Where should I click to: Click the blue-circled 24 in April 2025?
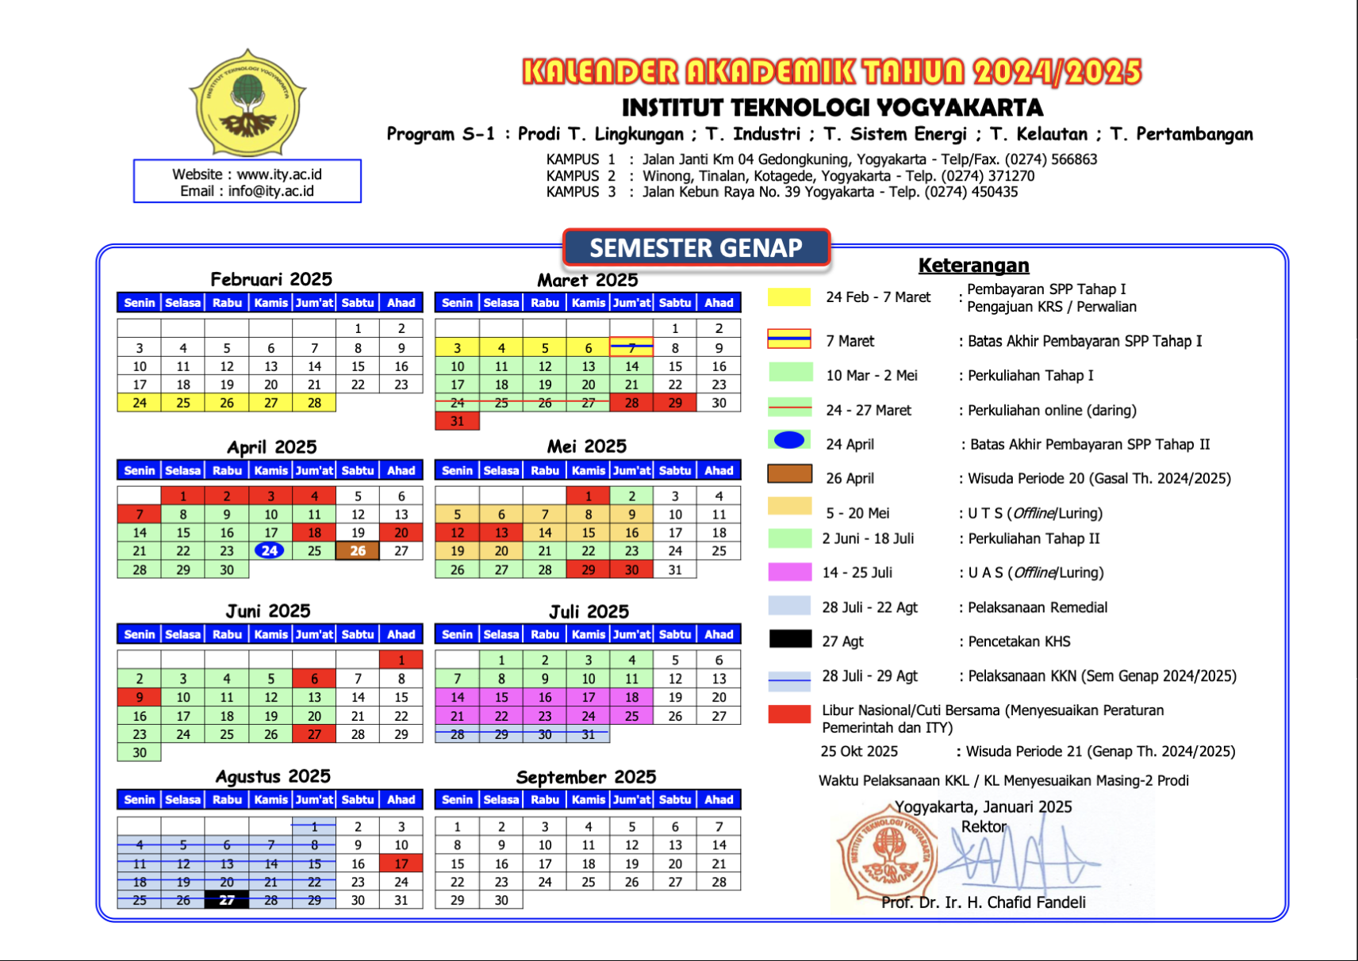point(270,550)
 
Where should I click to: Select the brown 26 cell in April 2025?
point(358,550)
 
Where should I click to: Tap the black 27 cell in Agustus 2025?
point(227,900)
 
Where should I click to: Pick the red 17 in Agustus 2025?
point(401,863)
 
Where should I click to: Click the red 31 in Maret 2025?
point(457,421)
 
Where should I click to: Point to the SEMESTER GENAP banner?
point(696,247)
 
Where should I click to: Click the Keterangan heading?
point(973,266)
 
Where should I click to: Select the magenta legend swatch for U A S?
point(789,572)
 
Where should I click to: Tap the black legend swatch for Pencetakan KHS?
point(789,640)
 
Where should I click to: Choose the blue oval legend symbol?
point(789,440)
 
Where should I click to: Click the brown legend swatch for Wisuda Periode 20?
point(789,474)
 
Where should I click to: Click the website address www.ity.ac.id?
point(279,174)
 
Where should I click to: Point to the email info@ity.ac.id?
point(270,191)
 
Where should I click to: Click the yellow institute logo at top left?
point(247,103)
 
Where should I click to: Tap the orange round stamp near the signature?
point(887,853)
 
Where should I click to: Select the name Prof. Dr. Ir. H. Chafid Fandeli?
point(984,902)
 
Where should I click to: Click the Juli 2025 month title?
point(589,611)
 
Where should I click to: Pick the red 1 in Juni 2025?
point(401,660)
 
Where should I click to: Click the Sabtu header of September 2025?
point(675,799)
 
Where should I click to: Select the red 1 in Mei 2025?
point(588,496)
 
